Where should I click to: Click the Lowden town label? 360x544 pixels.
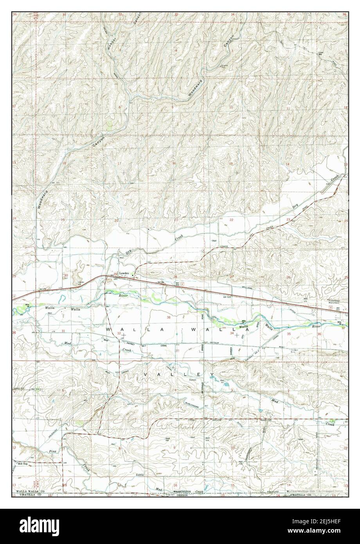pos(124,274)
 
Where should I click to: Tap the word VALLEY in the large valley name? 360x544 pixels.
pos(179,375)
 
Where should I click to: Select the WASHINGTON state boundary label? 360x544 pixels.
pos(182,491)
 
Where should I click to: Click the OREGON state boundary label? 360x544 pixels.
pos(182,495)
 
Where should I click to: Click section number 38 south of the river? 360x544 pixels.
pos(169,317)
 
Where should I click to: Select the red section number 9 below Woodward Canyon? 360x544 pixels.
pos(172,107)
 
